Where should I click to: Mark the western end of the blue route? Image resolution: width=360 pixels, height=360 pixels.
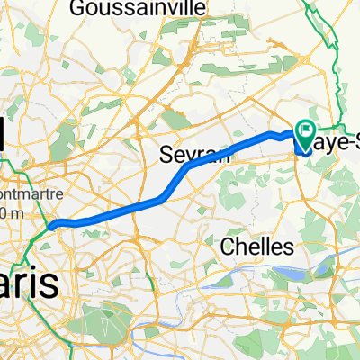53,225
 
